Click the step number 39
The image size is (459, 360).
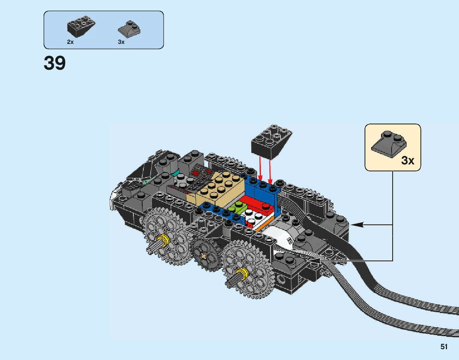[x=55, y=64]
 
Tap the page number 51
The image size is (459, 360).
[x=444, y=347]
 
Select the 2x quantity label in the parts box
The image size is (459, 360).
[x=70, y=42]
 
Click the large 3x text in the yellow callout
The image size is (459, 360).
[x=407, y=160]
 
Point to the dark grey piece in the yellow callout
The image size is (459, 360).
[x=388, y=144]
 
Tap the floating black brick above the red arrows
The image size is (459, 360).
[x=271, y=141]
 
